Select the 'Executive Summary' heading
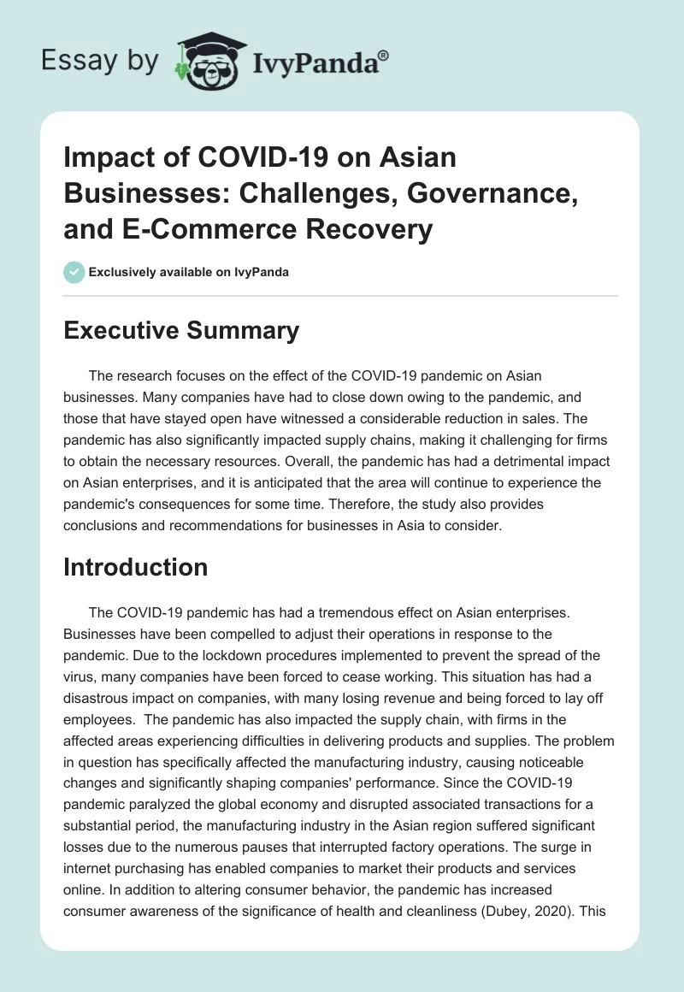coord(181,331)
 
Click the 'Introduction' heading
coord(136,567)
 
